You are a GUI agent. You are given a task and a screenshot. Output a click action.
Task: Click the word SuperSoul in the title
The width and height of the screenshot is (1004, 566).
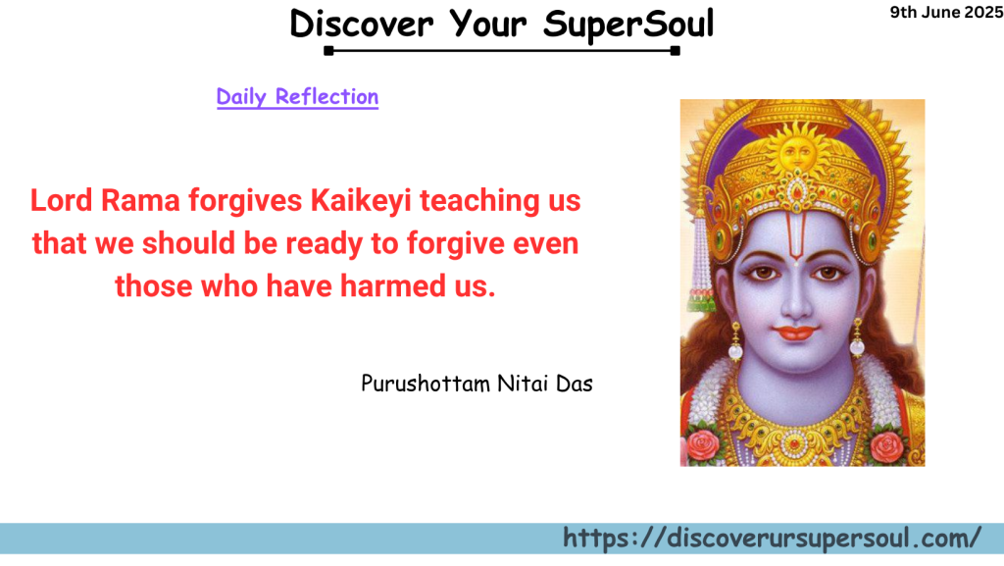(x=627, y=24)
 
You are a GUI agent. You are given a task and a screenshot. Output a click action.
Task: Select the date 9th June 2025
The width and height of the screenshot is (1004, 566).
(x=945, y=13)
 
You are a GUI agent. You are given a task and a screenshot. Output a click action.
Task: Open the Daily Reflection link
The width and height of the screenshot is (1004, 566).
(x=297, y=96)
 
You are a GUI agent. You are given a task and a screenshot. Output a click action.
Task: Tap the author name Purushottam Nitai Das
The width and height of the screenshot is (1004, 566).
(x=477, y=383)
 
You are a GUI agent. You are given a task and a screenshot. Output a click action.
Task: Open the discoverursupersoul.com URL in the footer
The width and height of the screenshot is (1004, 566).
(x=772, y=539)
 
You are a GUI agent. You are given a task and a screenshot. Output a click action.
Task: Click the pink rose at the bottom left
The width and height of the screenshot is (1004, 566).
(x=703, y=444)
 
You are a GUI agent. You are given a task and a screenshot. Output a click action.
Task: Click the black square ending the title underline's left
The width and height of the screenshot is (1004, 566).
(x=328, y=50)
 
